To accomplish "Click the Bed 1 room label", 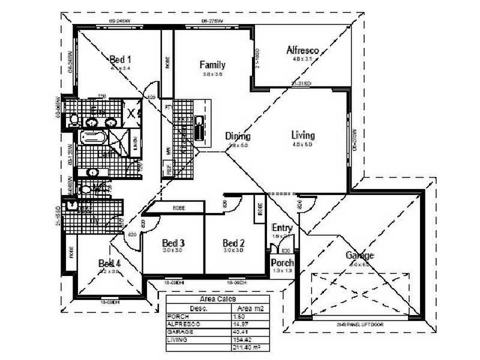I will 121,59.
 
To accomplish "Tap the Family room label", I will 212,65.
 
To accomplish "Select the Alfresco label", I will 302,50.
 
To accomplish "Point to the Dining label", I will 238,136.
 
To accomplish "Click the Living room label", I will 303,135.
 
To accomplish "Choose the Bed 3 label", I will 173,243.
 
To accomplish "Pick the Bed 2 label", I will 233,243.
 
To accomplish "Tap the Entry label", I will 282,228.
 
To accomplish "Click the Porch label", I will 282,263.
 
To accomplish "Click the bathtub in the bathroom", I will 94,137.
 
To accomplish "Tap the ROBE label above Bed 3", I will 179,208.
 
